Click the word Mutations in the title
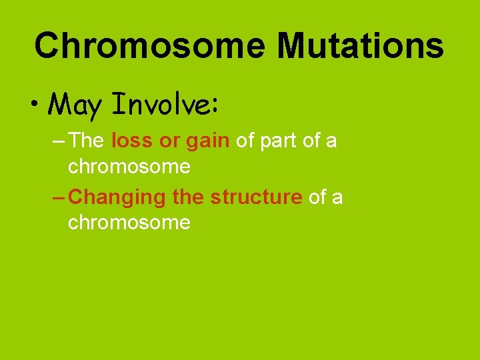(361, 46)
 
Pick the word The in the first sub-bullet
(86, 141)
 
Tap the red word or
(170, 141)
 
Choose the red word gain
(208, 141)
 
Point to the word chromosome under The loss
(129, 166)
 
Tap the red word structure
(256, 197)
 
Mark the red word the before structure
(189, 197)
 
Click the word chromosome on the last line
(129, 222)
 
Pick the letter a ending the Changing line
(337, 197)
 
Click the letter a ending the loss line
(331, 141)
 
